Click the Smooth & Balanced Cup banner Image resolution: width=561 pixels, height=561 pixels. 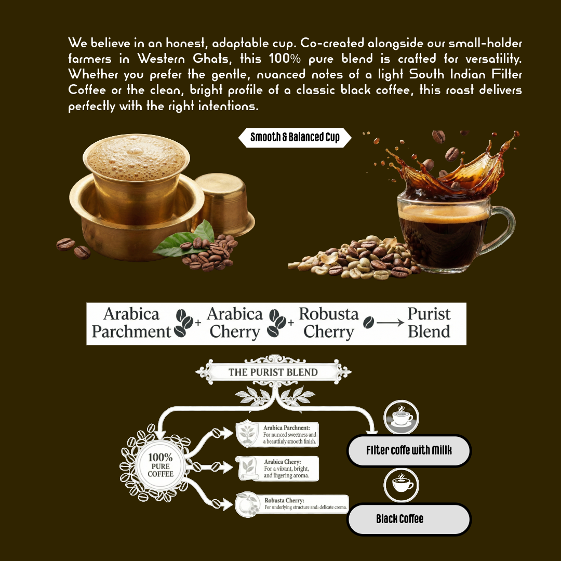[295, 137]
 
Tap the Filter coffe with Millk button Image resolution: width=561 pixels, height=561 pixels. [409, 450]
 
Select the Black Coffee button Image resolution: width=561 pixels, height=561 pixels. [409, 519]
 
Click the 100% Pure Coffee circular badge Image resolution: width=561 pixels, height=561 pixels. [161, 465]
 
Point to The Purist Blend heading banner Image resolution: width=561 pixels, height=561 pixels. [273, 372]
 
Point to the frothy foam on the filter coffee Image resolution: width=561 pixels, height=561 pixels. [136, 157]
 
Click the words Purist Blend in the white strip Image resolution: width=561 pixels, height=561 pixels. [429, 323]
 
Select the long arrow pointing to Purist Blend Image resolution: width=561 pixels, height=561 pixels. [390, 323]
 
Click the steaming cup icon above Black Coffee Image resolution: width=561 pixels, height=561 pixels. [401, 485]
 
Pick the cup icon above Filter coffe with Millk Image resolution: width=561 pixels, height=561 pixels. [401, 417]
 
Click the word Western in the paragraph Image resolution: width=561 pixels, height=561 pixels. [161, 58]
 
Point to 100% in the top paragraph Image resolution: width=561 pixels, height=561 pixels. [285, 58]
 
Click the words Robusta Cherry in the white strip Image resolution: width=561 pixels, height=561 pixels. [329, 323]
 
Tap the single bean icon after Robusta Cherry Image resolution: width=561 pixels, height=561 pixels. [368, 323]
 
